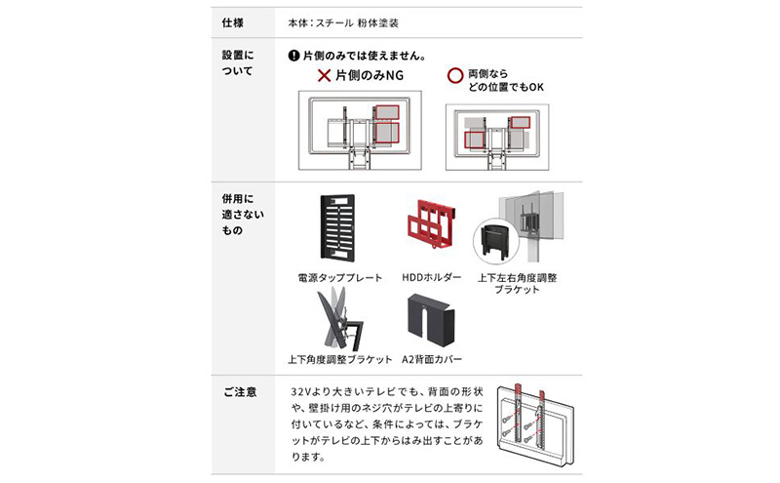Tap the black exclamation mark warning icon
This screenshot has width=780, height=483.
293,57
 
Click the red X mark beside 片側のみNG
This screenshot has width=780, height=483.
323,76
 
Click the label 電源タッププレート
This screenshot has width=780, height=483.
340,278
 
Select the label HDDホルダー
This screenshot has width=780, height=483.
431,278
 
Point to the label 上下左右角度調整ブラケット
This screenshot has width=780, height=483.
518,284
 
